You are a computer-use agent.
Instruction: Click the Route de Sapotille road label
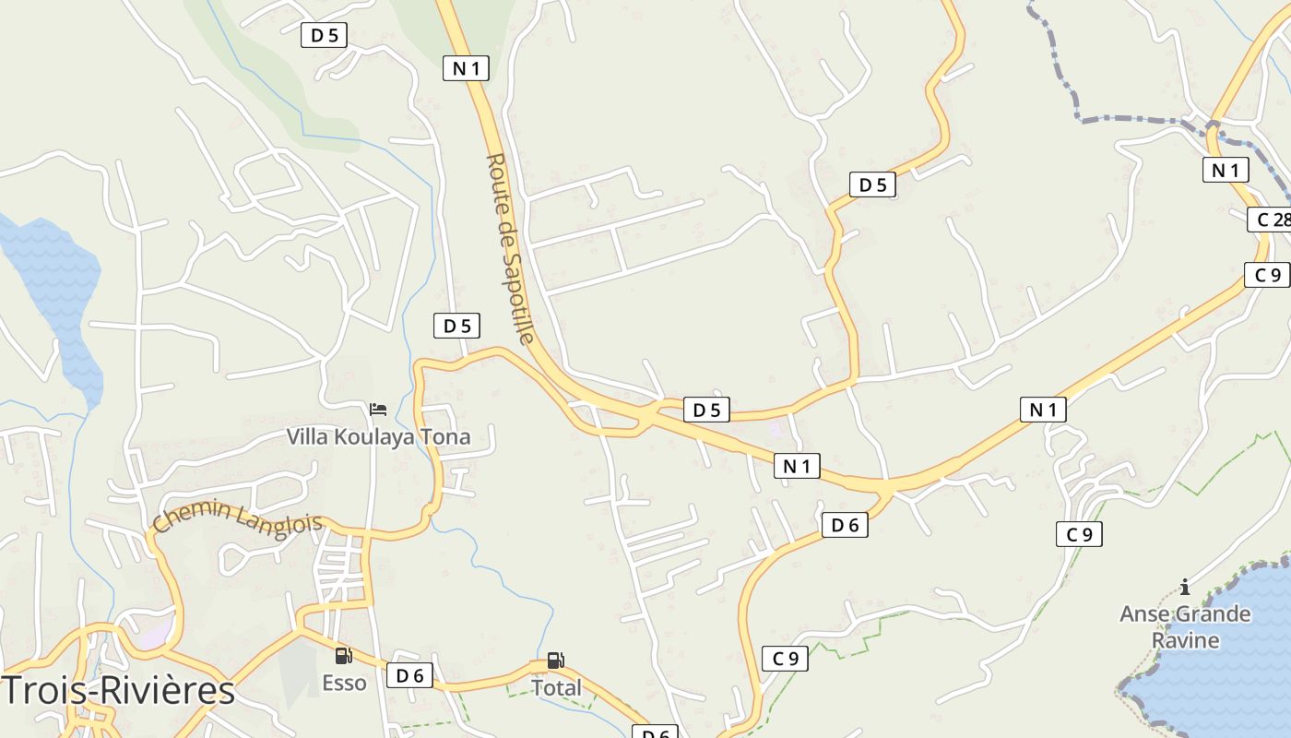pos(509,249)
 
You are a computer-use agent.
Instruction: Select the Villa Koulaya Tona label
pos(378,436)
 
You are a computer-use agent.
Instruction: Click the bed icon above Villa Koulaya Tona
pos(378,410)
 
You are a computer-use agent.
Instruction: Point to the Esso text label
pos(344,684)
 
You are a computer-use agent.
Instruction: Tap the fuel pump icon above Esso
pos(344,656)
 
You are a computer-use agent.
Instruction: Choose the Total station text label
pos(556,687)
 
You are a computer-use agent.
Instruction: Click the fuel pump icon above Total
pos(555,661)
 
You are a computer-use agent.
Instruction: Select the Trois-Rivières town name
pos(118,690)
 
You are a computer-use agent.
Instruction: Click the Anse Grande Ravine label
pos(1185,626)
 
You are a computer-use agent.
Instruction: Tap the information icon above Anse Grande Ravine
pos(1185,587)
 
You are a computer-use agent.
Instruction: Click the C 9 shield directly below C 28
pos(1266,275)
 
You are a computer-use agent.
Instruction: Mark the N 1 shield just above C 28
pos(1226,170)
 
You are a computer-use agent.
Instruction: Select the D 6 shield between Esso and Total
pos(409,675)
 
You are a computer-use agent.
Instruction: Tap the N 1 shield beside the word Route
pos(466,67)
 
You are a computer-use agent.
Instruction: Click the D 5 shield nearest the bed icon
pos(457,326)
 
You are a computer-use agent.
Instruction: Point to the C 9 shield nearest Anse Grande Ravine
pos(1079,534)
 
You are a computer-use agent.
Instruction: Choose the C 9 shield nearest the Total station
pos(785,659)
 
